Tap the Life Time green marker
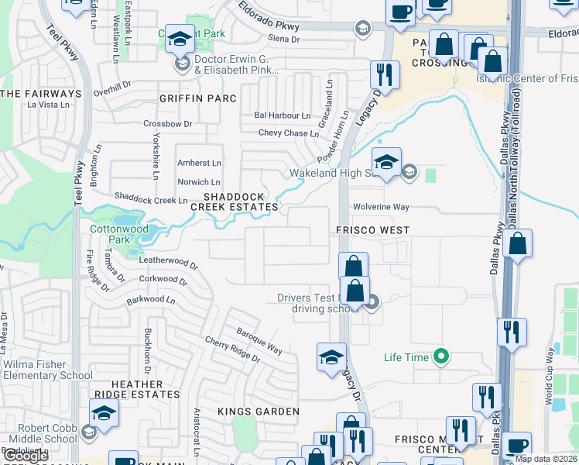coord(441,356)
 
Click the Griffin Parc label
coord(191,98)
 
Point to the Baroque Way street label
coord(259,339)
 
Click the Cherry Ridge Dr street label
coord(232,349)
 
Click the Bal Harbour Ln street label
coord(282,115)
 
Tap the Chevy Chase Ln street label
coord(288,133)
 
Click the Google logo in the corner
coord(26,456)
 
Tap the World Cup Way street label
coord(549,376)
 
